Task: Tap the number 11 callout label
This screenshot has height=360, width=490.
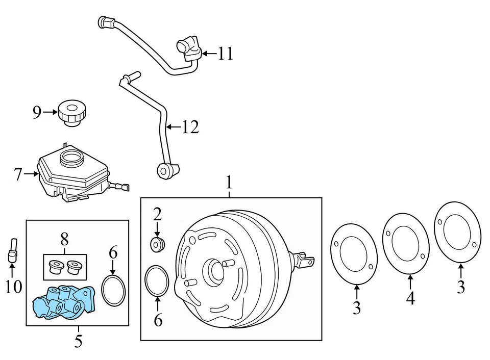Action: (x=225, y=53)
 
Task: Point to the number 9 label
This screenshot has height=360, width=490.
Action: (x=37, y=112)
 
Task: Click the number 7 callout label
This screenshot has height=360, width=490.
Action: (x=18, y=174)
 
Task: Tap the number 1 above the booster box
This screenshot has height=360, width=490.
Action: (x=229, y=183)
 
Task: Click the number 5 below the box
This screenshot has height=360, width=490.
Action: (x=78, y=340)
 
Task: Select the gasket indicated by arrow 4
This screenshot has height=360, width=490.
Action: (x=406, y=241)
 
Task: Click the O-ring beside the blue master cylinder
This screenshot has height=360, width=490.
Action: (x=113, y=291)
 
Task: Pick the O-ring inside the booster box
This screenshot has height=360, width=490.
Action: (x=157, y=280)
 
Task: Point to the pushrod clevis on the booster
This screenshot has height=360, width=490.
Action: (x=305, y=259)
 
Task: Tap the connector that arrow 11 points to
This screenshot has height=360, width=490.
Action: (x=188, y=48)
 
